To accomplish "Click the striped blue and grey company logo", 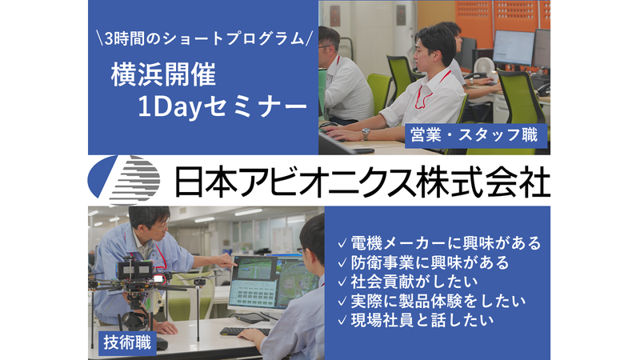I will click(125, 180).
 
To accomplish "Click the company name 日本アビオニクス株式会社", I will click(362, 181).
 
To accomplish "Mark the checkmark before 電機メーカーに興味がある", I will click(342, 242).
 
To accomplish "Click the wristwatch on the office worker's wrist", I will click(366, 134).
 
